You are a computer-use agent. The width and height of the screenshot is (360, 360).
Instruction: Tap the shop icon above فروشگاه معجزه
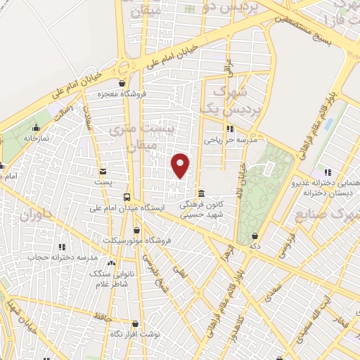[x=122, y=83]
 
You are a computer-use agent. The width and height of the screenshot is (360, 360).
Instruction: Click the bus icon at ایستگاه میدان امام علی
[x=127, y=197]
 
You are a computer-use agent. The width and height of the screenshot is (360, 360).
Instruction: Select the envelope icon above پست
[x=103, y=171]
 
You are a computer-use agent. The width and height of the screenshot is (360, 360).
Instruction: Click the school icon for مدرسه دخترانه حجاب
[x=62, y=247]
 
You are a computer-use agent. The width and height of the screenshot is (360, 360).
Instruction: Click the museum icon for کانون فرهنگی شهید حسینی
[x=202, y=193]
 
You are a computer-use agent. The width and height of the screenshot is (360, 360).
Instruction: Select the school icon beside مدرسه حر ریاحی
[x=229, y=129]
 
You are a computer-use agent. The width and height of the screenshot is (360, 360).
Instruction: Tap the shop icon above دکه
[x=255, y=236]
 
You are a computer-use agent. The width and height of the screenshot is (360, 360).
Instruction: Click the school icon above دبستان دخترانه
[x=326, y=172]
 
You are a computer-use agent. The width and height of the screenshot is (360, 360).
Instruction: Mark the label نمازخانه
[x=35, y=139]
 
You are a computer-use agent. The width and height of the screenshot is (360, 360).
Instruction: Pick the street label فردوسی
[x=281, y=246]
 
